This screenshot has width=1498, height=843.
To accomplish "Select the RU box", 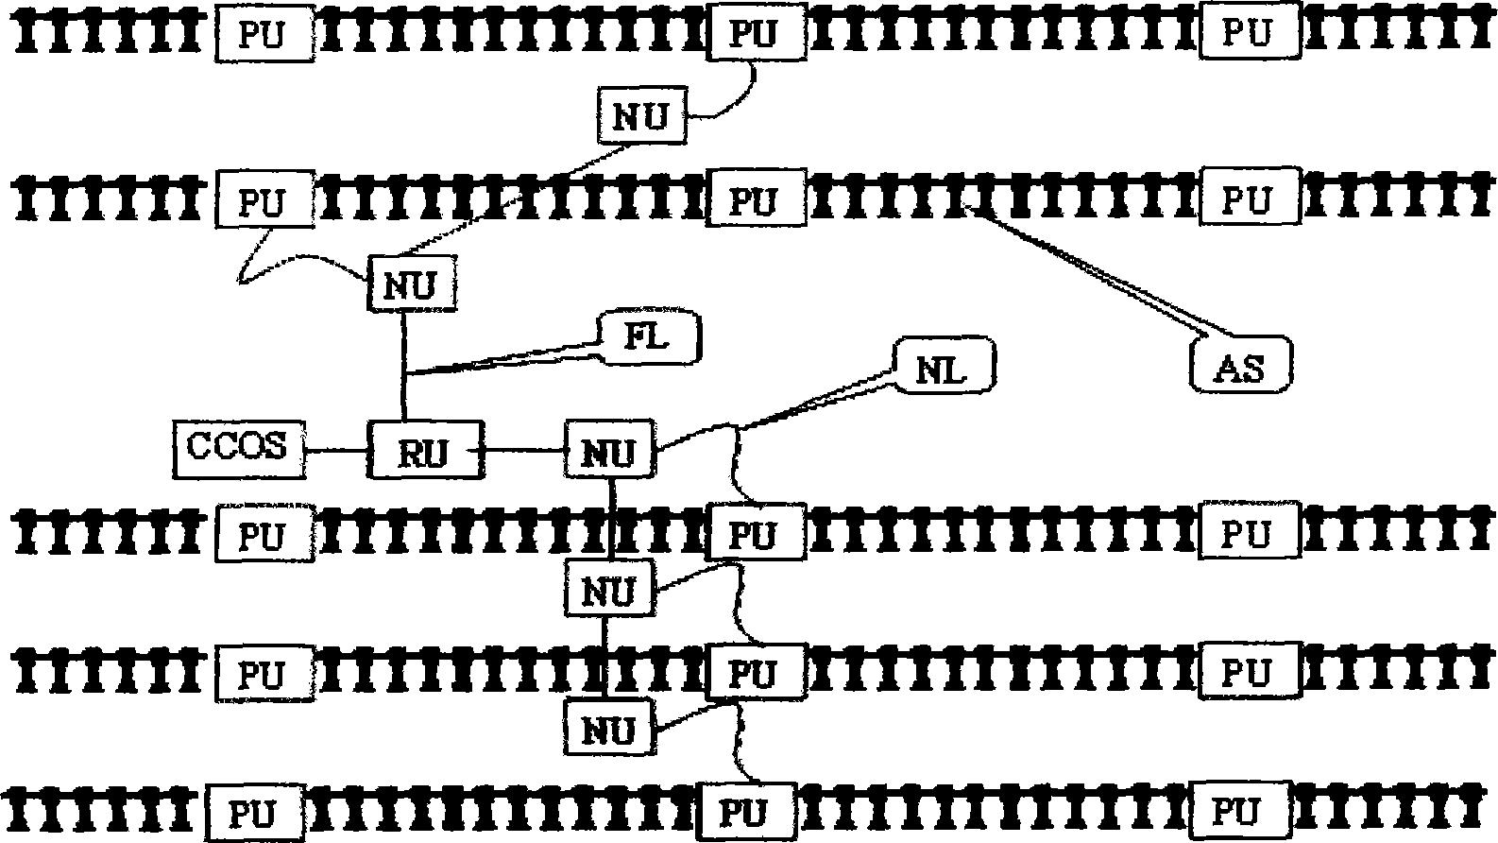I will coord(424,450).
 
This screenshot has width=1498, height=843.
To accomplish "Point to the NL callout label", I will coord(943,368).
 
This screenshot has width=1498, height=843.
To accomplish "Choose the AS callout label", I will coord(1240,364).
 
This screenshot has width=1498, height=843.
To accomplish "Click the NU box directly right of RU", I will coord(609,450).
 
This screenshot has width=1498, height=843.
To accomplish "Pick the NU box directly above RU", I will coord(410,284).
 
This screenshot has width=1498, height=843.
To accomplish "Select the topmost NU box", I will coord(642,115).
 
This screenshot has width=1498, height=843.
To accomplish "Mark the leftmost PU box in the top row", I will coord(264,35).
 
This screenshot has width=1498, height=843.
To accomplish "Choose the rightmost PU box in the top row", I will coord(1249,32).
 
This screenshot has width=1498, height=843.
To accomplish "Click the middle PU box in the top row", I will coord(756,33).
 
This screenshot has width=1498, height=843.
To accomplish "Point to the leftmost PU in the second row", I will coord(264,201).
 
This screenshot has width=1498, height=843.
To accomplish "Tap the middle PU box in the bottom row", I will coord(746,812).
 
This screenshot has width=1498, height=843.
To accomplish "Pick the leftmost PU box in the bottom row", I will coord(253,812).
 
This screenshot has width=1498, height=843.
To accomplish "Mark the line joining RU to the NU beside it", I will coord(524,450).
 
